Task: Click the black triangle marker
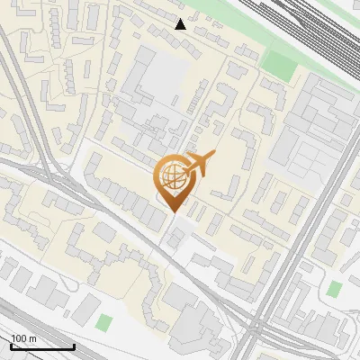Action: pos(181,23)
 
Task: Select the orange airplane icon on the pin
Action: pos(199,164)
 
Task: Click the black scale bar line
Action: pos(42,346)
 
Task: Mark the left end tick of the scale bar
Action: pos(11,345)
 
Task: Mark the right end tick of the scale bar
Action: pos(74,345)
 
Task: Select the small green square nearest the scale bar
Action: pos(105,322)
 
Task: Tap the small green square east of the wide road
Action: pos(335,289)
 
